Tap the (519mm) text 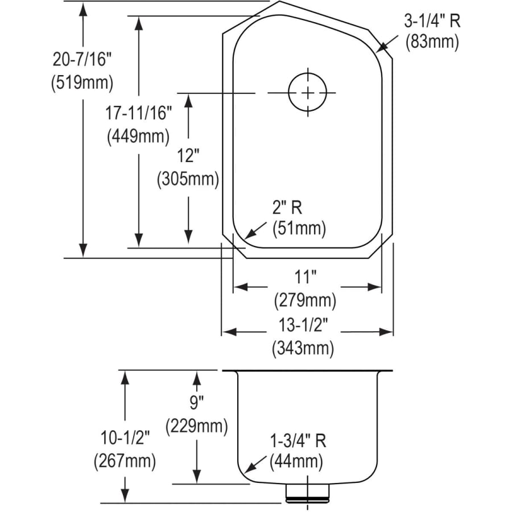81,82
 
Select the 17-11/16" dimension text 138,113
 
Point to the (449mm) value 138,136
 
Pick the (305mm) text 188,179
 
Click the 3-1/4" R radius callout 432,21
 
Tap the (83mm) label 432,42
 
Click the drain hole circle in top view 308,93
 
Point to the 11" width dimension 305,278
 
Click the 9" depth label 196,403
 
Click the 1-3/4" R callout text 298,440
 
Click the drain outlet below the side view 308,493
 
